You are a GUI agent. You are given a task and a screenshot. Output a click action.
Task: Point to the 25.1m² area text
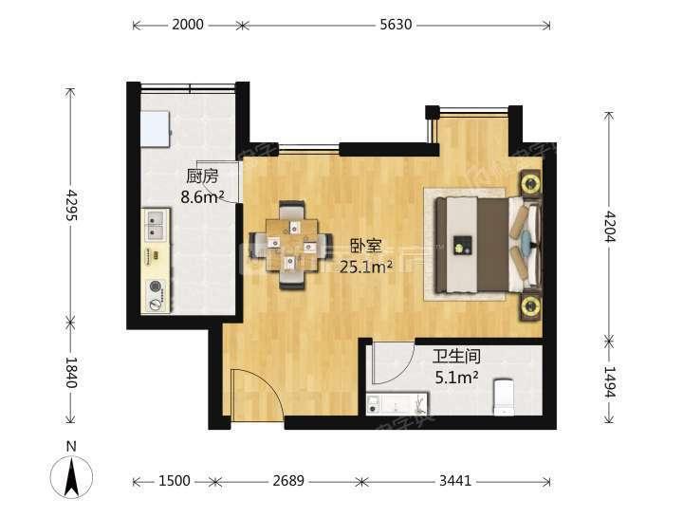coord(366,267)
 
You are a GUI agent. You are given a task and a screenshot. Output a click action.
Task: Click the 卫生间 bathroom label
coord(455,358)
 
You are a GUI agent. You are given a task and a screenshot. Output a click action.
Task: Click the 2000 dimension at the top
coord(188,26)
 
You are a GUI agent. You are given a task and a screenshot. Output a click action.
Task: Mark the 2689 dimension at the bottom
coord(287,481)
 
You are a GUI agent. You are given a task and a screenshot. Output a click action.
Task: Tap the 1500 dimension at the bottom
coord(175,481)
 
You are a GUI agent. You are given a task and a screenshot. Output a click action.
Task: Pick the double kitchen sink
coord(155,227)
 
